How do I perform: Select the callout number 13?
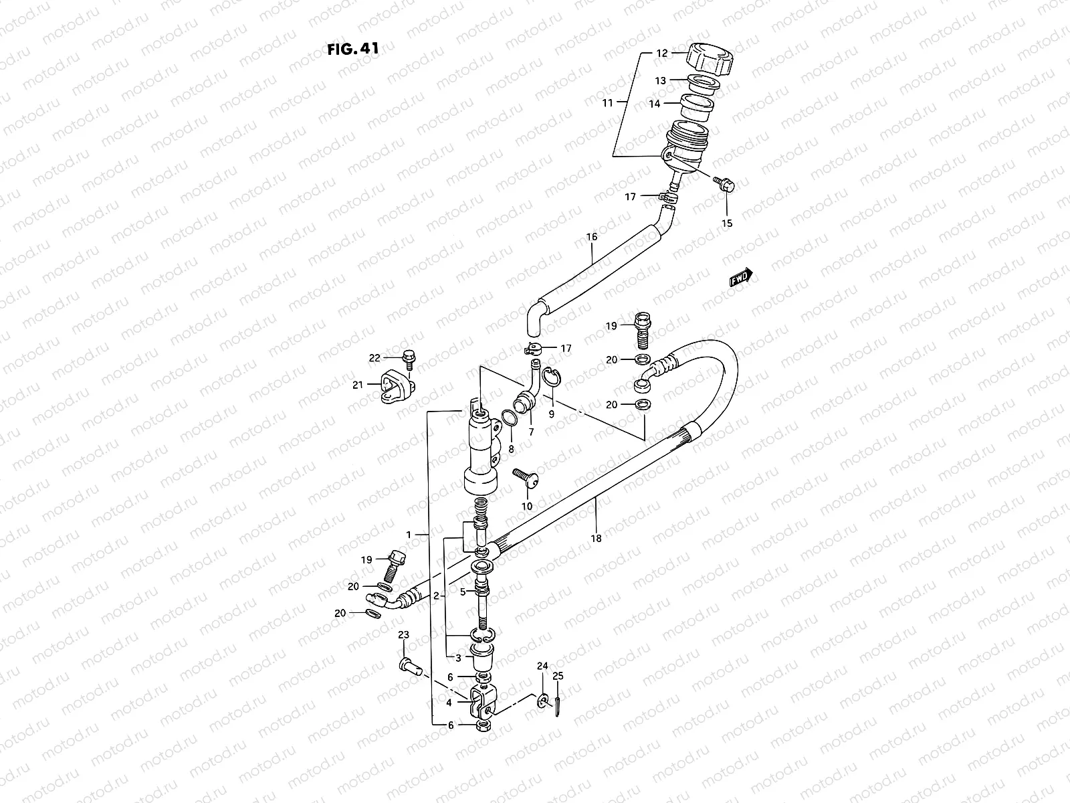[x=660, y=80]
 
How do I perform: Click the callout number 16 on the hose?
[x=591, y=237]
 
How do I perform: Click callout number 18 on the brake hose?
[x=596, y=537]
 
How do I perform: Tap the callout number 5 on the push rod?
[x=462, y=592]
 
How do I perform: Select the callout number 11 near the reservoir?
[x=607, y=103]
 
